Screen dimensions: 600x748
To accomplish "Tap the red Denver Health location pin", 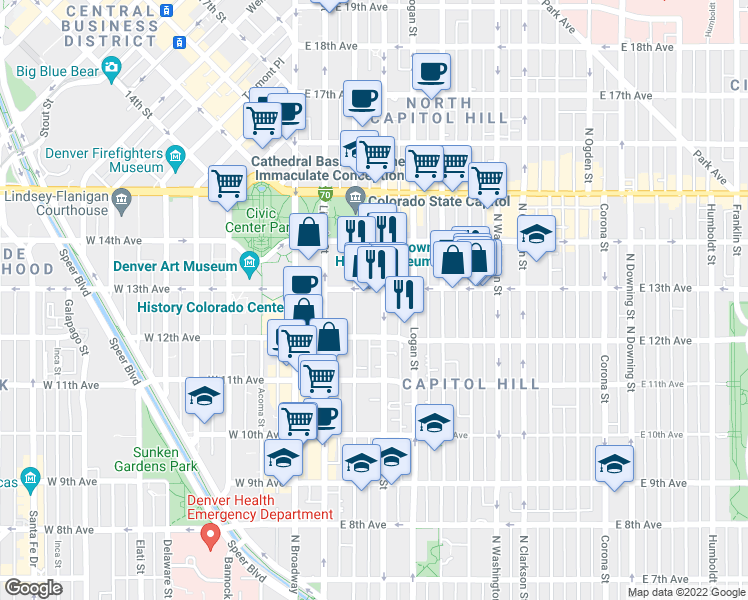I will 209,537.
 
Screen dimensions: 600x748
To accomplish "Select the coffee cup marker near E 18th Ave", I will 431,72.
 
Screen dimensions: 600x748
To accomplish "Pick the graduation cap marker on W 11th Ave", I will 204,396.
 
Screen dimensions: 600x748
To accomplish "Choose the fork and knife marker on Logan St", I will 402,294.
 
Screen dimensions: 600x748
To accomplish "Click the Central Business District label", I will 110,26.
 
